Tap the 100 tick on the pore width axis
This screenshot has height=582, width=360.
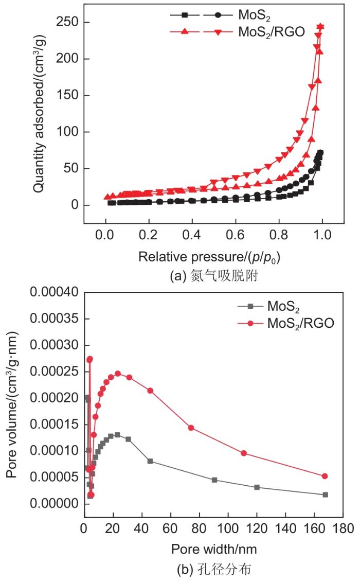227,528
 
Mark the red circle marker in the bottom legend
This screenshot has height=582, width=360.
250,323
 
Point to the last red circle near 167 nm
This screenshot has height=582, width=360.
325,477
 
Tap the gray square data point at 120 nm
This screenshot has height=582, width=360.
257,487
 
